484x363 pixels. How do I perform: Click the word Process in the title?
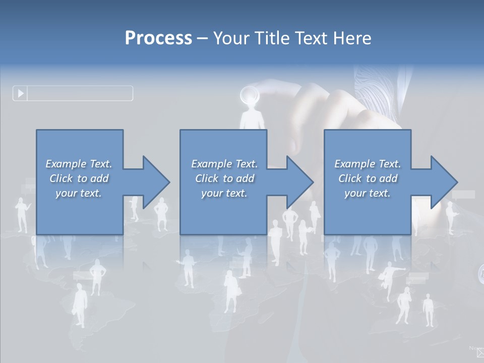point(158,38)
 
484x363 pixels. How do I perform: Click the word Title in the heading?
point(272,38)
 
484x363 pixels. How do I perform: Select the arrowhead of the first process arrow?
point(156,182)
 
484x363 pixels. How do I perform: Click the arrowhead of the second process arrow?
point(300,182)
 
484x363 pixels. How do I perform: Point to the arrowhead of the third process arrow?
point(444,182)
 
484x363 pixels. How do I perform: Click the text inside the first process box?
point(79,178)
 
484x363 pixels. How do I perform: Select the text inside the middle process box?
point(224,178)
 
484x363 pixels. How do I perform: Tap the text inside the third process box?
point(368,178)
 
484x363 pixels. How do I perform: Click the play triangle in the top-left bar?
point(21,93)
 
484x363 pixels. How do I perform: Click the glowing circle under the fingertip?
point(249,94)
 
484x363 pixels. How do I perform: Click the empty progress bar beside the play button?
point(80,93)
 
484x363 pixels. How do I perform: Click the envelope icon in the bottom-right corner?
point(480,352)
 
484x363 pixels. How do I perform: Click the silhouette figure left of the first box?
point(22,214)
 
